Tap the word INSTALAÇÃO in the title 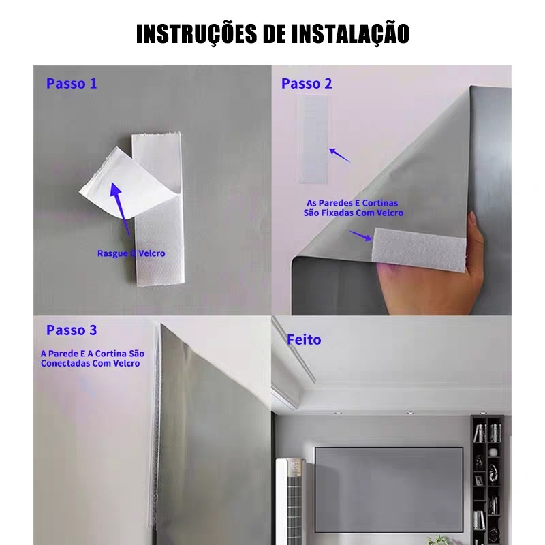(x=350, y=33)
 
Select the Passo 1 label (x=72, y=83)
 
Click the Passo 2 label (x=307, y=83)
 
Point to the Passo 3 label (x=72, y=330)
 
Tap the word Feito (x=304, y=339)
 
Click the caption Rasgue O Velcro (x=131, y=253)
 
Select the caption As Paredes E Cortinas (x=352, y=203)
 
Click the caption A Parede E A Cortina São (x=93, y=354)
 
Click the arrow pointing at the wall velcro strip (x=339, y=155)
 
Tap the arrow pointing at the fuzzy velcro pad (x=360, y=235)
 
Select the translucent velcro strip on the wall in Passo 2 (x=313, y=140)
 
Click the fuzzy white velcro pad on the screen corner (x=419, y=249)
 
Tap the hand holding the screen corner (x=435, y=278)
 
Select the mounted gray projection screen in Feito (x=389, y=489)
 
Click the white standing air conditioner (x=290, y=501)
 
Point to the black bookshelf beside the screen (x=487, y=480)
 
